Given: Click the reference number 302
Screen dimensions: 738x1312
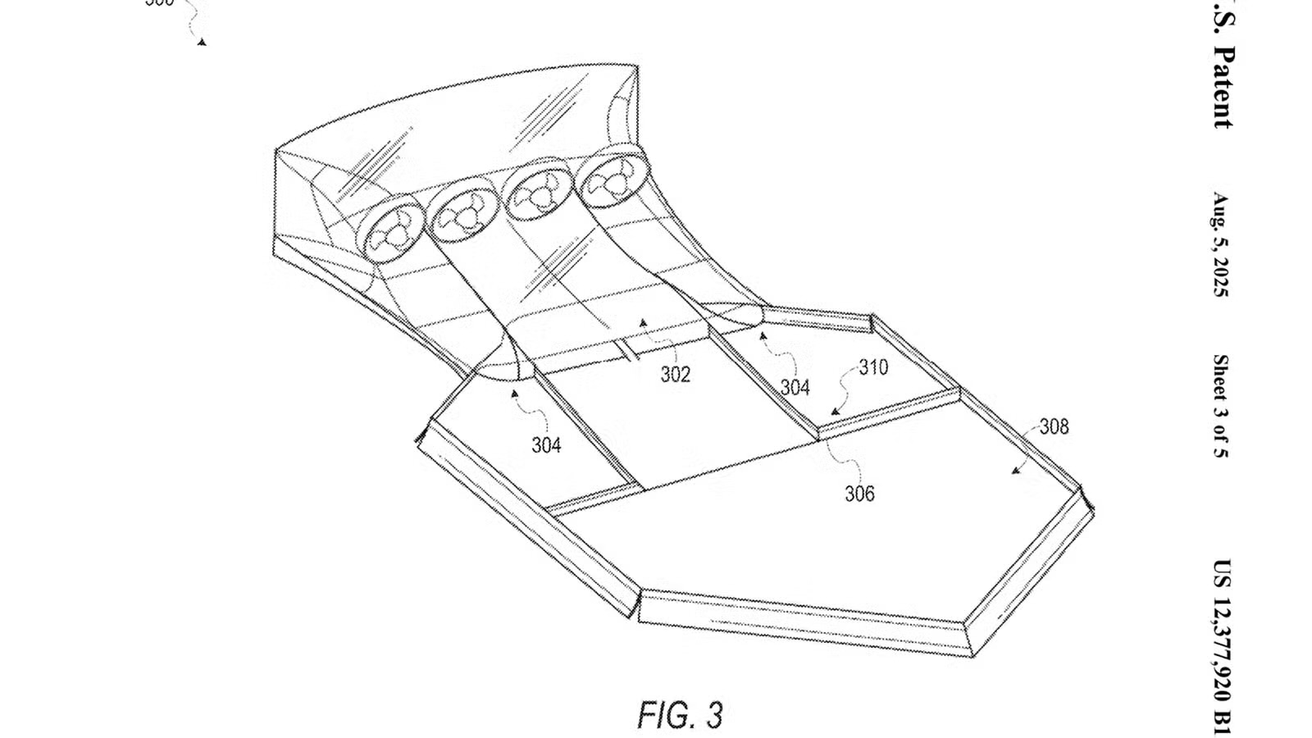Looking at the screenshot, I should [676, 375].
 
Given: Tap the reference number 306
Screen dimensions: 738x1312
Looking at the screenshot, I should [859, 494].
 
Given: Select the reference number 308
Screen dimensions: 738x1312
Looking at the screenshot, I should [1054, 426].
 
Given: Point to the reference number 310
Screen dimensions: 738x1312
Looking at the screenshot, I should [873, 367].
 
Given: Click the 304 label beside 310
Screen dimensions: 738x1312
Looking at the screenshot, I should [795, 387].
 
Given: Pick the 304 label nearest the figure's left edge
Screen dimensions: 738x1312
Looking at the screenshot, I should [546, 445].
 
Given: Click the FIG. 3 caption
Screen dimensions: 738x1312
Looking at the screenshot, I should [680, 715].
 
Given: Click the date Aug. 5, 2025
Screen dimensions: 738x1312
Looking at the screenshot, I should [1221, 245].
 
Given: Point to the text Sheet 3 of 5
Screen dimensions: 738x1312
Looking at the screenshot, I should [1221, 406].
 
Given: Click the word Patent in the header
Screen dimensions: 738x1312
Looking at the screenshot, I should [1222, 86].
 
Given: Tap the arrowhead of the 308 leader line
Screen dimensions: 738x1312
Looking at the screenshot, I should [1014, 471].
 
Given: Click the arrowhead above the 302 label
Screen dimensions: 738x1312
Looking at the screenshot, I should [644, 322].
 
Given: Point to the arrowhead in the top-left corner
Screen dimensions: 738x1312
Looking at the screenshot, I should [202, 41].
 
